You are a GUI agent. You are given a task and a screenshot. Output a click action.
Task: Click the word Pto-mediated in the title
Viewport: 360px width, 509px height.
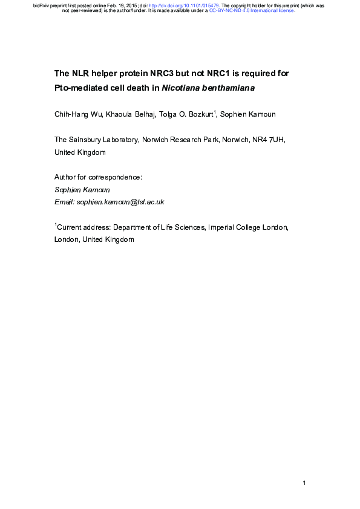80,88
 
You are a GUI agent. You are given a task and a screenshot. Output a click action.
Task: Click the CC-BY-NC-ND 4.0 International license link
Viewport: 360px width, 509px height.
251,11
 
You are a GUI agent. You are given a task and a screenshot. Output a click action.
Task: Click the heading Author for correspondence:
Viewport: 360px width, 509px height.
98,177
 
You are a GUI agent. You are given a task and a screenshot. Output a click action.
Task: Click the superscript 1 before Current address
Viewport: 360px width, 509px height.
56,225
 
